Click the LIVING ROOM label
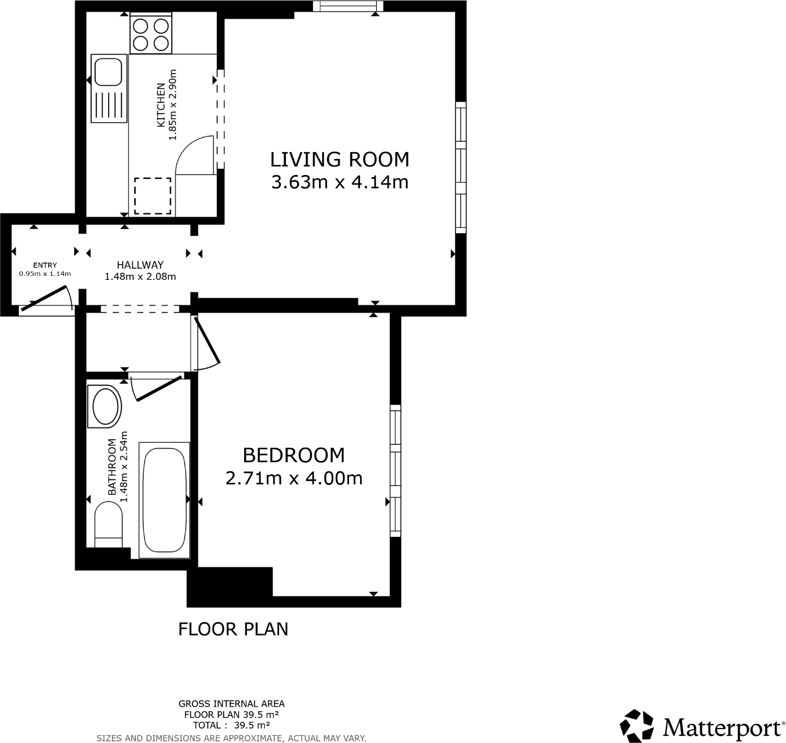pos(339,159)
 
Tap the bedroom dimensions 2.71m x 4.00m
pos(294,478)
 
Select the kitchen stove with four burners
pos(151,34)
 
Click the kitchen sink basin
pos(108,71)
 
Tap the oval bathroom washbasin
pos(106,406)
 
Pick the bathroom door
pos(159,388)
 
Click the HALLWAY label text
pos(140,265)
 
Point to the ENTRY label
pos(45,265)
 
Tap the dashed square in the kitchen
pos(153,195)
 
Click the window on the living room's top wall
pos(348,6)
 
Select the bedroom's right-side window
pos(395,470)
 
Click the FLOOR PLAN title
pos(233,629)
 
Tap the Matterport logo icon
pos(637,726)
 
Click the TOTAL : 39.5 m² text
pos(231,725)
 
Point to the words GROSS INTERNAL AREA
pos(231,704)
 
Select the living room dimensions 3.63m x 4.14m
pos(339,182)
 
